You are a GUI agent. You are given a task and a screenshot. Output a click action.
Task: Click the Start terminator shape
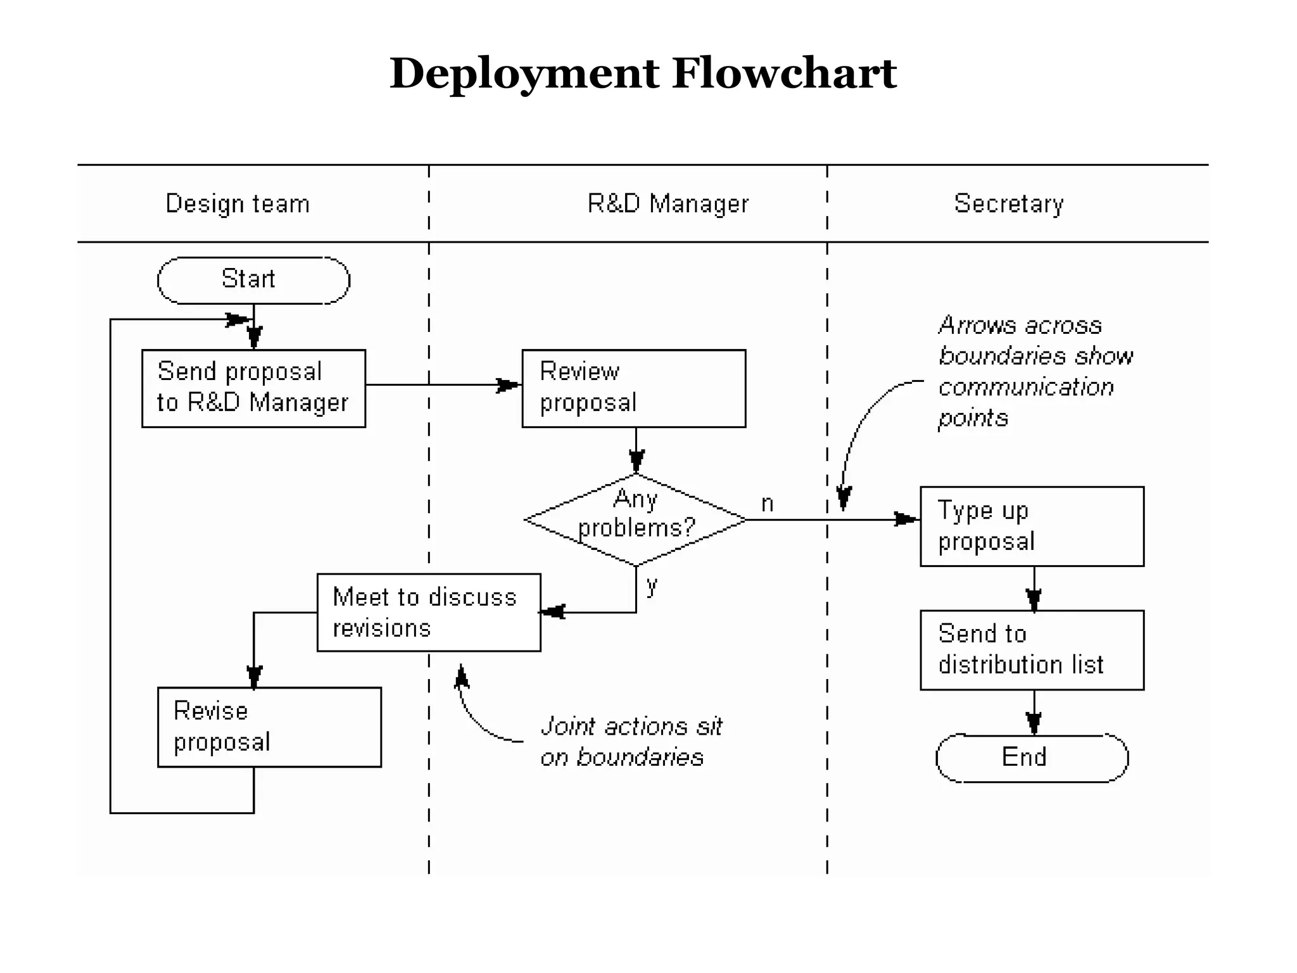click(x=253, y=280)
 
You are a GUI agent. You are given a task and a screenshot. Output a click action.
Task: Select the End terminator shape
click(x=1032, y=758)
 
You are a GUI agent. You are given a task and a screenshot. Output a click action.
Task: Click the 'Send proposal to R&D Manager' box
click(x=253, y=388)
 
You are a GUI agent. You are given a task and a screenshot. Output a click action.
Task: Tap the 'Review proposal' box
click(x=633, y=388)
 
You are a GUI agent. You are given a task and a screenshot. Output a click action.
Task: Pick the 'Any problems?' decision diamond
click(x=636, y=519)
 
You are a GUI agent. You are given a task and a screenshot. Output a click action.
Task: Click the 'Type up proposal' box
click(x=1032, y=526)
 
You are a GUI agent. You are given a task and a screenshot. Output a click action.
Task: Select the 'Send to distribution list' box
click(x=1032, y=650)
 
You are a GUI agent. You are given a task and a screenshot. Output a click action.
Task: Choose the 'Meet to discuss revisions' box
click(x=429, y=612)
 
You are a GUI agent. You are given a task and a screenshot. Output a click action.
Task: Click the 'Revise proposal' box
click(x=269, y=727)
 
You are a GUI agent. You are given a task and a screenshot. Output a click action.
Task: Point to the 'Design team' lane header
click(x=237, y=203)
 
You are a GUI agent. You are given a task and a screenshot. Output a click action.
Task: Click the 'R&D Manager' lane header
click(x=667, y=203)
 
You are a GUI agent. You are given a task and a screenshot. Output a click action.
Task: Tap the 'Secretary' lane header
click(x=1008, y=203)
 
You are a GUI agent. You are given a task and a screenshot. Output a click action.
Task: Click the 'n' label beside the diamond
click(x=767, y=504)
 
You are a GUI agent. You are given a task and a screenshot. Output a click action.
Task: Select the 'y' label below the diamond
click(x=652, y=584)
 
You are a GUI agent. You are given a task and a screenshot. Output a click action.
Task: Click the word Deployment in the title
click(x=524, y=73)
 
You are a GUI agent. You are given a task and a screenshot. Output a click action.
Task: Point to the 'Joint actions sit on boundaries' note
click(x=630, y=741)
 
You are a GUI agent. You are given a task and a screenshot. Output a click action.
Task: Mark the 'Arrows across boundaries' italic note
click(x=1035, y=371)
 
